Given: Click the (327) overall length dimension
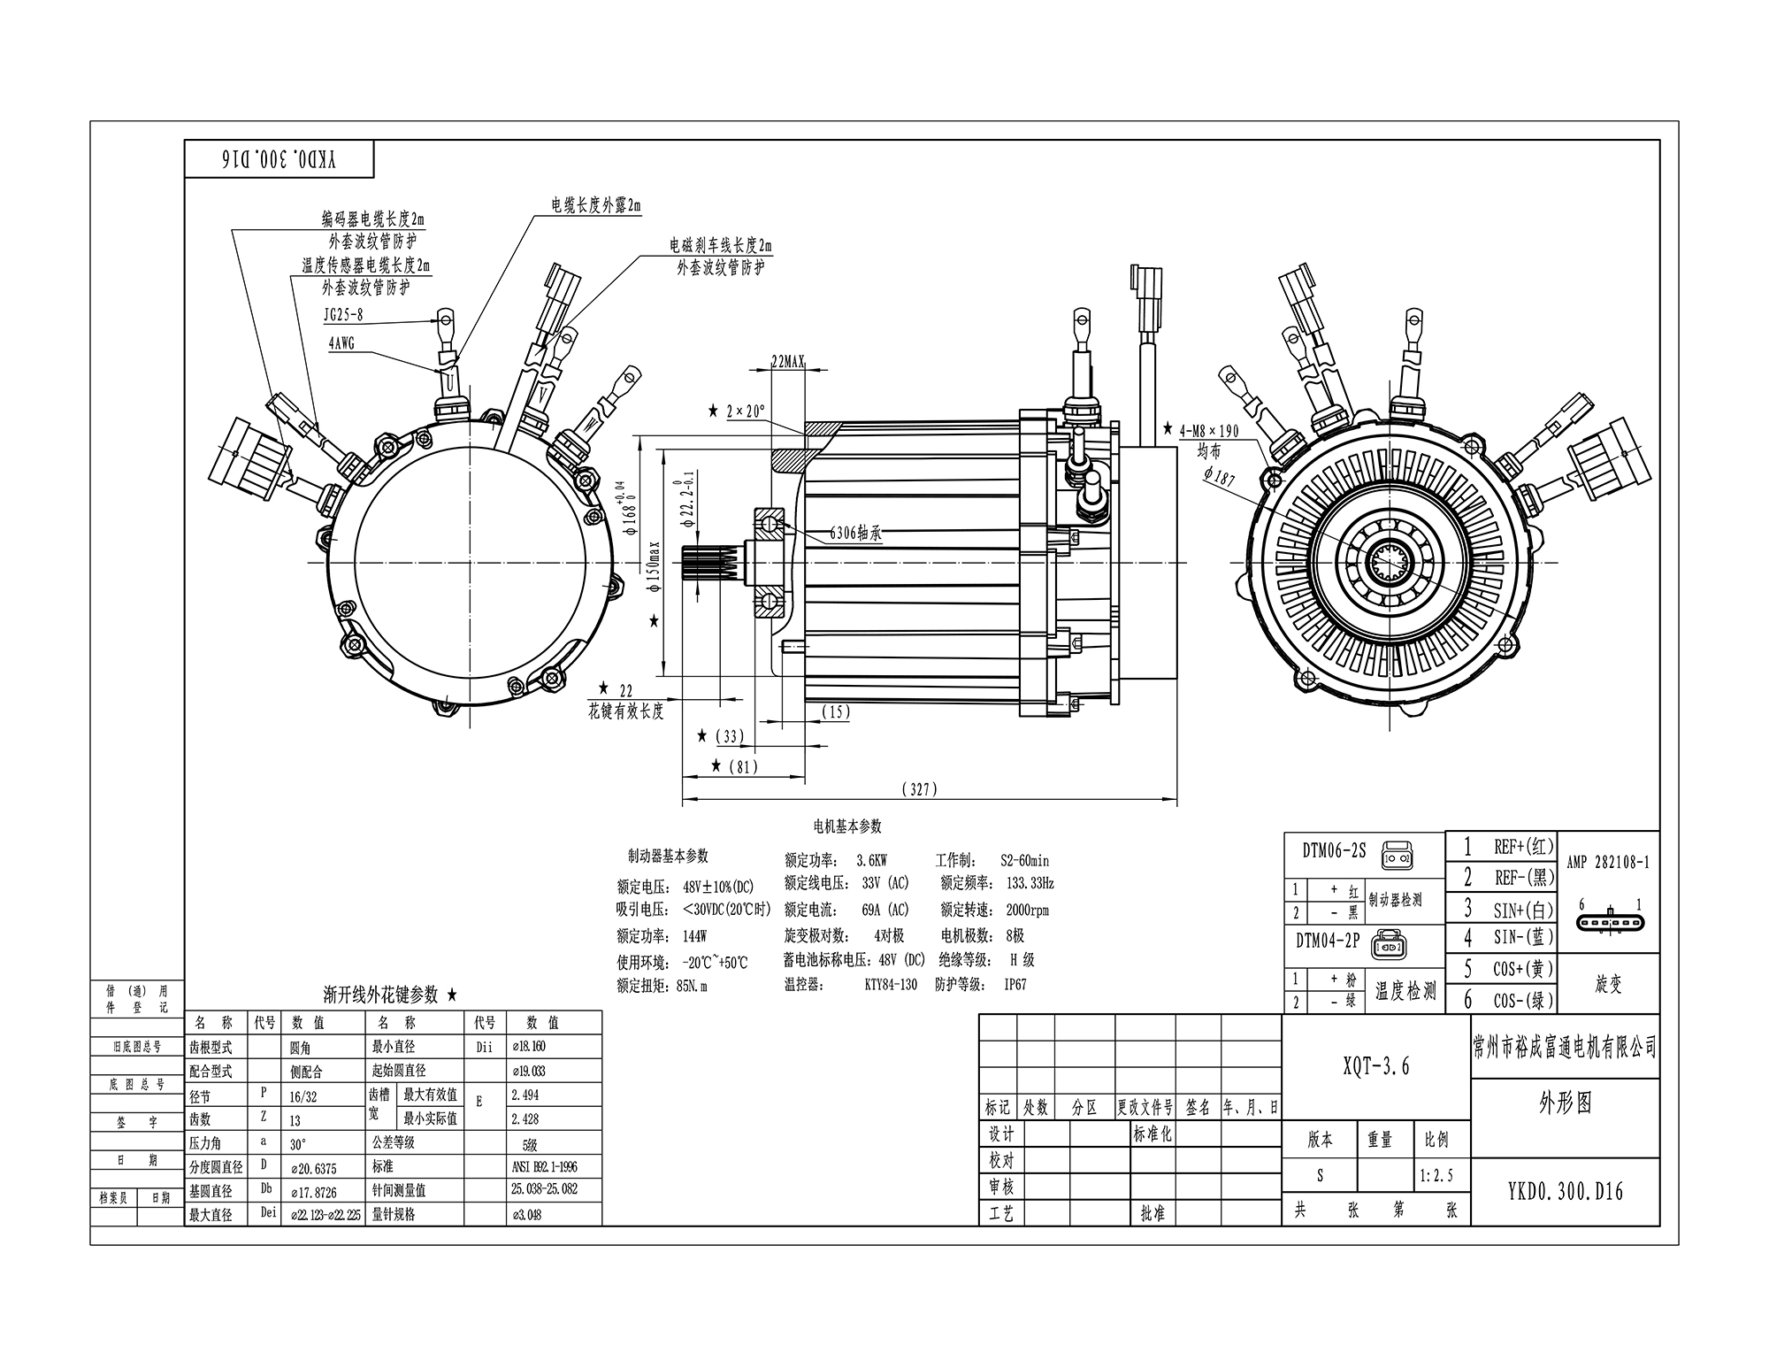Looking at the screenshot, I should click(919, 789).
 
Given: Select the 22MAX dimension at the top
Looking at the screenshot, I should click(788, 361).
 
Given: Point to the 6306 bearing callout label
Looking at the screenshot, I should click(855, 534).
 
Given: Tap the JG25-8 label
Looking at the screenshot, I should click(343, 314).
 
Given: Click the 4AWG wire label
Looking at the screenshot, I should click(342, 343).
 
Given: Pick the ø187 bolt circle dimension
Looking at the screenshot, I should click(1219, 478).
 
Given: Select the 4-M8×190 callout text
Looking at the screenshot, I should click(1209, 432).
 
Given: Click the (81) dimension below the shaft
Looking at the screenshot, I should click(742, 766).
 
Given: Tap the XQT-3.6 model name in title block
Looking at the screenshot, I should click(1375, 1066).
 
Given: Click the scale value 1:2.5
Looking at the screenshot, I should click(1436, 1176).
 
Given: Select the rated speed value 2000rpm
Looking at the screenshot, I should click(1027, 910).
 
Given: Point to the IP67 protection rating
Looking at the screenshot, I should click(1015, 984).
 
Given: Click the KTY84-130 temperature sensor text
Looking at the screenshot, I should click(891, 984).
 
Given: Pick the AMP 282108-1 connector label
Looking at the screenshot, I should click(1607, 863).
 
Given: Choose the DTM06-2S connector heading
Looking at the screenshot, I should click(1334, 851).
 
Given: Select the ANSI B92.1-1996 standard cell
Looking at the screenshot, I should click(544, 1166).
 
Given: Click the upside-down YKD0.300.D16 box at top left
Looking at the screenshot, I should click(280, 159).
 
